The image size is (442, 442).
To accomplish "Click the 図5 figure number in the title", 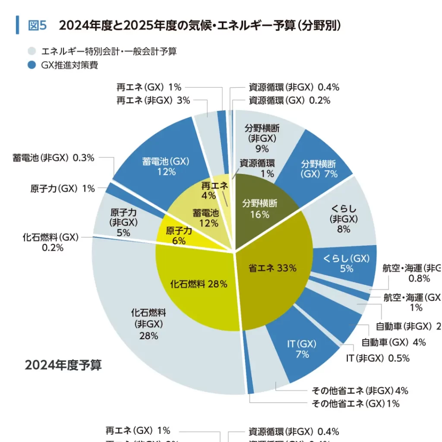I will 37,25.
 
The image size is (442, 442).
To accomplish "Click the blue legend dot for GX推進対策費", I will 31,65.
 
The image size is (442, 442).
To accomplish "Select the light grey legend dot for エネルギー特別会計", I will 31,51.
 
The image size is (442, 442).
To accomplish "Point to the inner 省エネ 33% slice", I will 272,268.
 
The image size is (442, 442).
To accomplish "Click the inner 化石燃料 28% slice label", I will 199,284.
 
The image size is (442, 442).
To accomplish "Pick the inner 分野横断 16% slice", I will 259,208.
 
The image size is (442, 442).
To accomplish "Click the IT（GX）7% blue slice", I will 302,349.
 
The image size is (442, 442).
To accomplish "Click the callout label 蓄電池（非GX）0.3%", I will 53,158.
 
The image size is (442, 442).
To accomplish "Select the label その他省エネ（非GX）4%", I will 360,391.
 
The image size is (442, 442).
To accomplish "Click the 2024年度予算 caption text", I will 63,365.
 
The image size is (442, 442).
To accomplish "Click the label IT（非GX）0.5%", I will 378,358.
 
